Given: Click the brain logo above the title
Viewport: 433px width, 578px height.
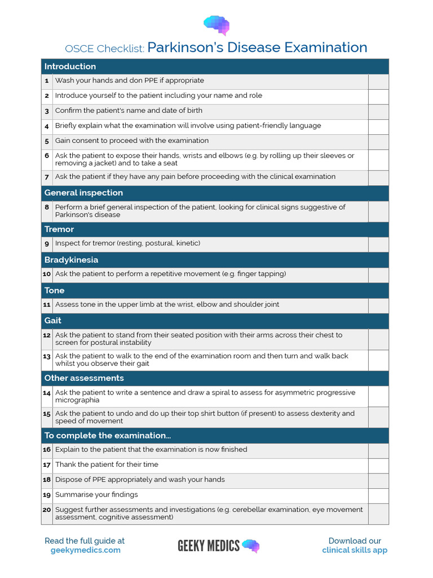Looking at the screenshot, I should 216,24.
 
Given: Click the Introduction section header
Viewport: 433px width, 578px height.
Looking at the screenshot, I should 70,67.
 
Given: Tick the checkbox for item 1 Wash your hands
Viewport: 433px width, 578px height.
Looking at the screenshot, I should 378,81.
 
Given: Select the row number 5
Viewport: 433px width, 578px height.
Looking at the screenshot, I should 47,141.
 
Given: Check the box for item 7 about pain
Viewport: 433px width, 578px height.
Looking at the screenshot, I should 378,177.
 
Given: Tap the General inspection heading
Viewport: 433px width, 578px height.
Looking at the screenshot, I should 83,193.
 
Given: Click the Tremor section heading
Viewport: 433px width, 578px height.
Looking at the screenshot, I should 59,229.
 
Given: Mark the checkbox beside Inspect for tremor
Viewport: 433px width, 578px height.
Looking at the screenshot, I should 378,244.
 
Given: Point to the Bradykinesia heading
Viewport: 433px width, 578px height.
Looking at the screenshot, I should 71,260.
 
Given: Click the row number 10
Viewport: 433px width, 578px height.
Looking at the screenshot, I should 47,274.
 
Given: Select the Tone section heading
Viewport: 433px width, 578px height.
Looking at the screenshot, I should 54,290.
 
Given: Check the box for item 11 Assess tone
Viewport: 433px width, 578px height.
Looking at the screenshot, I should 378,305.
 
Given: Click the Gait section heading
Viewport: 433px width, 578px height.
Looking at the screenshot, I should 53,321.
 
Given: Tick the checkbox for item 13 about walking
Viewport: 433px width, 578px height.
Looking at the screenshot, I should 378,360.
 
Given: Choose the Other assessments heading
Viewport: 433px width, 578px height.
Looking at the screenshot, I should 84,378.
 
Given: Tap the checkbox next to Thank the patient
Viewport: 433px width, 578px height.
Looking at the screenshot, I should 378,465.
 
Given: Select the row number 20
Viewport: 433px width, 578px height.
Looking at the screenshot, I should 47,510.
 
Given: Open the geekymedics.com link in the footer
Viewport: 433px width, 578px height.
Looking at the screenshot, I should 85,550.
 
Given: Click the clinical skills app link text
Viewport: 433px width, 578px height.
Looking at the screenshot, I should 355,550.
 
